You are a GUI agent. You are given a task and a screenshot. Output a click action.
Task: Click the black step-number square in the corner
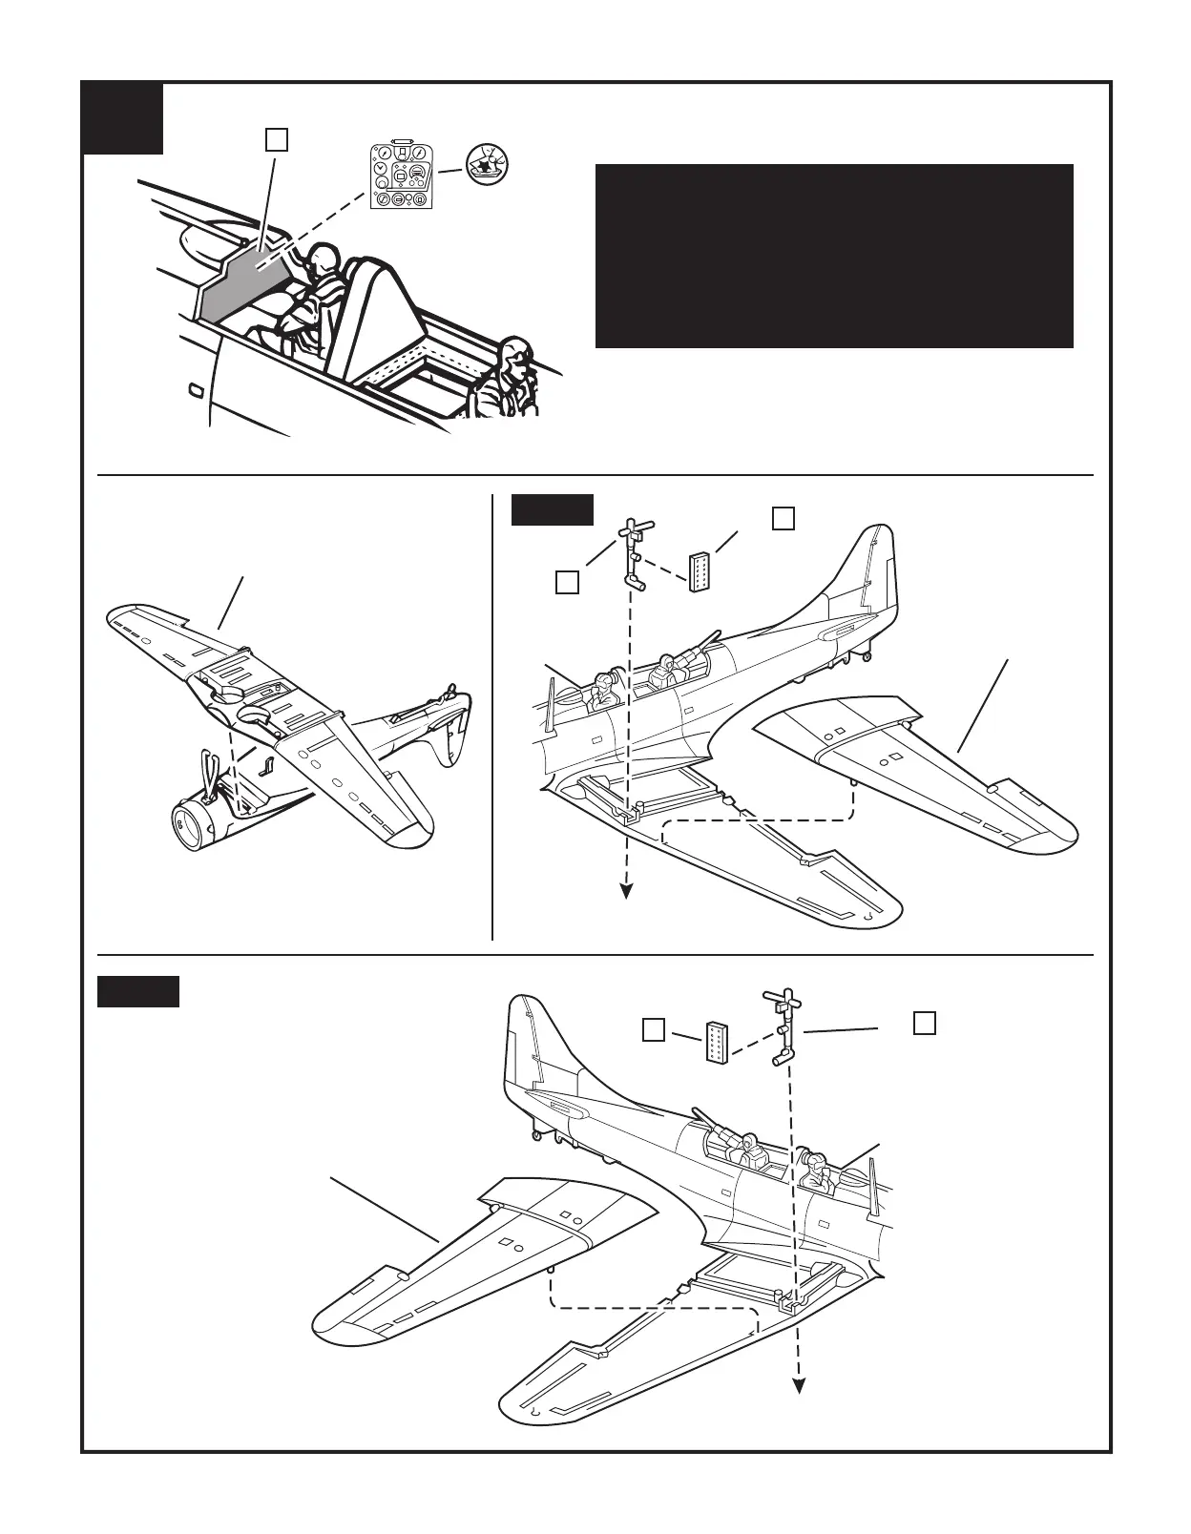(x=123, y=118)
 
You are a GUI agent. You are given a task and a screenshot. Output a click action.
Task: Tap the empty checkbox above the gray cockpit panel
(x=277, y=139)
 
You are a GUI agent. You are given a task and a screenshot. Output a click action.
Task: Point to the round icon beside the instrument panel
(x=488, y=165)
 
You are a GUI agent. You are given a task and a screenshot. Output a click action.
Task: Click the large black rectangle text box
(x=834, y=256)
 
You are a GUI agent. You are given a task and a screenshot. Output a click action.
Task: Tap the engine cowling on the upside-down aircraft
(x=197, y=820)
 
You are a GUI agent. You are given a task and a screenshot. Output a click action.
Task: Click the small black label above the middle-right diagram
(x=553, y=509)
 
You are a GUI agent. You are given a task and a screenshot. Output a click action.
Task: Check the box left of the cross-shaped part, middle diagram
(x=567, y=581)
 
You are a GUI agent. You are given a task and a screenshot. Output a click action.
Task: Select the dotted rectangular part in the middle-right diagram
(x=700, y=571)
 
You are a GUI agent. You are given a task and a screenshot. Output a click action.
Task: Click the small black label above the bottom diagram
(x=138, y=991)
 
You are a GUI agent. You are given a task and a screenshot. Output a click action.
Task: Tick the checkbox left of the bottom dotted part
(x=654, y=1030)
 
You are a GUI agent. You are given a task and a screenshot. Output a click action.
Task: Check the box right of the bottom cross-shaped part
(x=924, y=1022)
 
